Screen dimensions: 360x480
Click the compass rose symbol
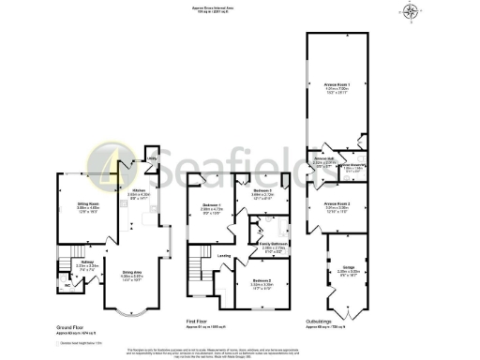[x=411, y=12]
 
